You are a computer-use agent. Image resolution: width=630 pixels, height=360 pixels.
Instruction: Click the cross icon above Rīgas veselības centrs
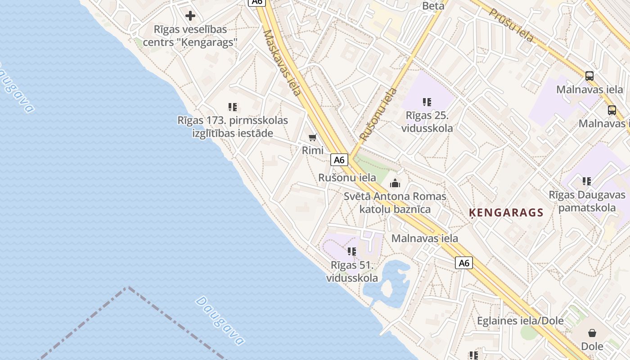(190, 16)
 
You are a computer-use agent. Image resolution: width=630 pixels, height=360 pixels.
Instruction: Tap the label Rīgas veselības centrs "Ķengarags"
(190, 36)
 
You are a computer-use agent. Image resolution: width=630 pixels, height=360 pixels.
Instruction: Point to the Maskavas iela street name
(282, 63)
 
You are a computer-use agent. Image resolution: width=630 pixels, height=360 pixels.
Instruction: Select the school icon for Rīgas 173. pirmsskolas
(233, 107)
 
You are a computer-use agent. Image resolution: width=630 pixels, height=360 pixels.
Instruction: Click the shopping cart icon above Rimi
(313, 137)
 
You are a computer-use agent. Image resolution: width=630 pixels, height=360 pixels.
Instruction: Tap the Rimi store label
(313, 150)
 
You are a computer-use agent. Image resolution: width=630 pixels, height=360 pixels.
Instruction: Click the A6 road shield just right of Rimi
(339, 160)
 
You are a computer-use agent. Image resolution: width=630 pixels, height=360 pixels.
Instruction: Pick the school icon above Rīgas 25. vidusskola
(427, 102)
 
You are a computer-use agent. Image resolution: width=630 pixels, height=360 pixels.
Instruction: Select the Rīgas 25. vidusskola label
(429, 121)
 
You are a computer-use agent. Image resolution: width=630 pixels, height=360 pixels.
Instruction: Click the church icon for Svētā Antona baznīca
(395, 183)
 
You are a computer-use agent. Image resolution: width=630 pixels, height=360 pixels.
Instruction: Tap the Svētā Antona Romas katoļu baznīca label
(395, 202)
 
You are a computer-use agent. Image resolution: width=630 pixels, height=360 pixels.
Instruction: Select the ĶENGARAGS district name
(506, 212)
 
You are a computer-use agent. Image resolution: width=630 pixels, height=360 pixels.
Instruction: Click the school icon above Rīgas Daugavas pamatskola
(587, 181)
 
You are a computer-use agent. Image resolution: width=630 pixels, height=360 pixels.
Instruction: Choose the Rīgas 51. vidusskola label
(352, 271)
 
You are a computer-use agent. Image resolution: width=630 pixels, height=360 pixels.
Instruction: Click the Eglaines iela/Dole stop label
(520, 321)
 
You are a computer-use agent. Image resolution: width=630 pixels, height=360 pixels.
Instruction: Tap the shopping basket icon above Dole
(592, 333)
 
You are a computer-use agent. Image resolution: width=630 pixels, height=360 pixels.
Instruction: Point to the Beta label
(433, 6)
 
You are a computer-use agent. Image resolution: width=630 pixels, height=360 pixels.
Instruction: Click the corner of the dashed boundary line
(128, 287)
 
